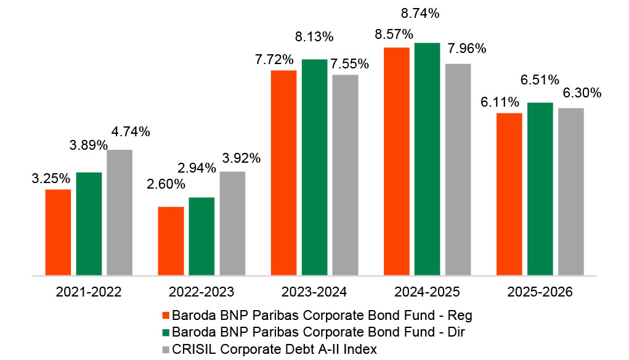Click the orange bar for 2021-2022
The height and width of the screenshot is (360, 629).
(x=58, y=232)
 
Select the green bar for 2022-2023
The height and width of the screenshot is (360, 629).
(x=201, y=236)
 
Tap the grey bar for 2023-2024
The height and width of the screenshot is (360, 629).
(x=345, y=175)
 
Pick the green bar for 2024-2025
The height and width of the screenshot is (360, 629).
(x=427, y=159)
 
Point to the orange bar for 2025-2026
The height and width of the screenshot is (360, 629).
(x=509, y=194)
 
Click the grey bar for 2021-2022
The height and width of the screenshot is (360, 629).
(x=120, y=213)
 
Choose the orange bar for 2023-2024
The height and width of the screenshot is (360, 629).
(x=283, y=173)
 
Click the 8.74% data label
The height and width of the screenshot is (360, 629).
(x=420, y=13)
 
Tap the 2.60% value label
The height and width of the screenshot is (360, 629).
(x=166, y=184)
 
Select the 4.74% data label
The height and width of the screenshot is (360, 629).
(x=131, y=132)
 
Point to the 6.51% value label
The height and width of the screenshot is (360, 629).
(x=540, y=80)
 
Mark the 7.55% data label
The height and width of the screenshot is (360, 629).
(x=349, y=64)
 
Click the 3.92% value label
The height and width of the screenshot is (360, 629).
(x=241, y=158)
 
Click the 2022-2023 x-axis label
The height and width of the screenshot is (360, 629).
(x=201, y=292)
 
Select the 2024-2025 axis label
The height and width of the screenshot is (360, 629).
(x=427, y=292)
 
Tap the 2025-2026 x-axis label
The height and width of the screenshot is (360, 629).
(x=540, y=292)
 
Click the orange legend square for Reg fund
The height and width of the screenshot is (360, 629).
(x=166, y=316)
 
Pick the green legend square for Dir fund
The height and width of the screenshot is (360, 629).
(x=166, y=332)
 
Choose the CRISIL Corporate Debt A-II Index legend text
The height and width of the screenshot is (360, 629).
(x=274, y=349)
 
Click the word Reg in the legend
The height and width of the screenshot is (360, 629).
(x=460, y=316)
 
